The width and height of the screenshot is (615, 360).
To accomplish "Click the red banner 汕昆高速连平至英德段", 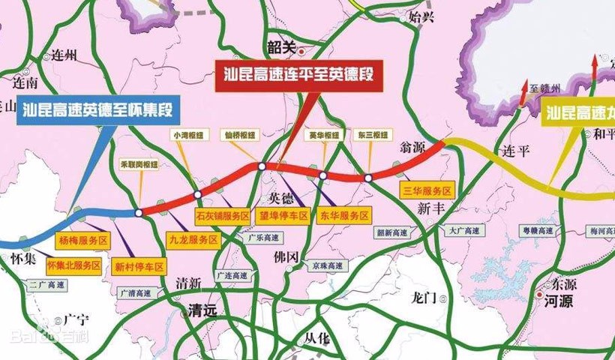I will (298, 74).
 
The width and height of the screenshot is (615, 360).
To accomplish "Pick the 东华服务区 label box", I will (343, 215).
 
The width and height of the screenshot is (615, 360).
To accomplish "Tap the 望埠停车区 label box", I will (283, 215).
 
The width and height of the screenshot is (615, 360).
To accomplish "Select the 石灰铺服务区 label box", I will (222, 215).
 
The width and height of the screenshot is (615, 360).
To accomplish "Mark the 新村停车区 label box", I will (139, 265).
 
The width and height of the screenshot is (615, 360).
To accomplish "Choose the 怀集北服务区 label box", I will (73, 265).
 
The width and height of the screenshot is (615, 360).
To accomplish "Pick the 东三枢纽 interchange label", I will (373, 136).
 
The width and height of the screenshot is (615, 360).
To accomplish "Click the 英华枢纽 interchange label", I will (324, 136).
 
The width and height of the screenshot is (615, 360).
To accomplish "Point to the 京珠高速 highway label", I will (330, 265).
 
